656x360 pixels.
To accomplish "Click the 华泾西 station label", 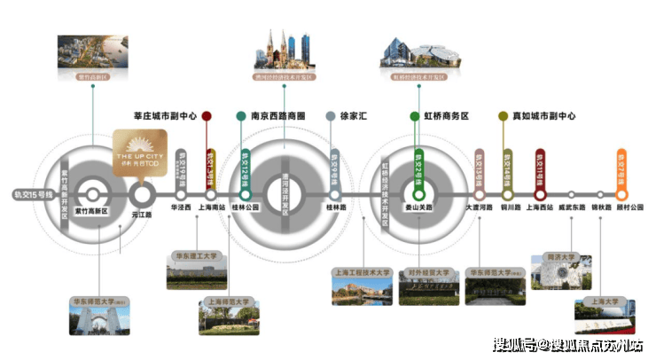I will click(x=181, y=207).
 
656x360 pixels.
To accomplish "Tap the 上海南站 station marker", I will click(x=211, y=193).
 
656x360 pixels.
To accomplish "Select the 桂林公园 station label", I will click(x=246, y=207).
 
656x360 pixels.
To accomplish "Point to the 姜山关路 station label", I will click(x=420, y=207).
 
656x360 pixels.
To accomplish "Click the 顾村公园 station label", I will click(x=621, y=207).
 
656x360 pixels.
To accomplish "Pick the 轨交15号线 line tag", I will click(x=34, y=193).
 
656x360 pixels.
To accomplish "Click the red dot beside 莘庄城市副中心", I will click(x=207, y=116).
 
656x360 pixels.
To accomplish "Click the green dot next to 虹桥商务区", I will click(x=415, y=116).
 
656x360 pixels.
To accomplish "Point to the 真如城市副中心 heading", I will click(x=543, y=116).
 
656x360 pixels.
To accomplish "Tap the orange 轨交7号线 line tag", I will click(x=621, y=168).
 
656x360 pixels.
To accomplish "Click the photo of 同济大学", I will click(x=560, y=276).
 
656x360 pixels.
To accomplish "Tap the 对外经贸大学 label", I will click(x=428, y=273).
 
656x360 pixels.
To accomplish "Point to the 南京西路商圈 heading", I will click(x=277, y=116).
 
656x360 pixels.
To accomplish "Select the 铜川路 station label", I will click(x=508, y=207).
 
